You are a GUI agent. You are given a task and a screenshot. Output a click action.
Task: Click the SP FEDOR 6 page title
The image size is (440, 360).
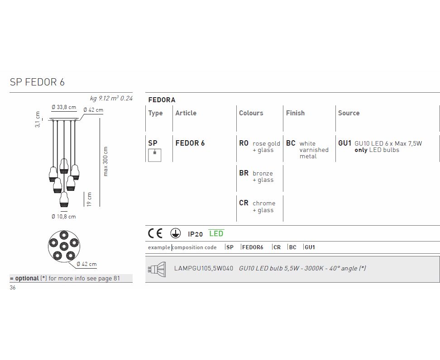pos(37,82)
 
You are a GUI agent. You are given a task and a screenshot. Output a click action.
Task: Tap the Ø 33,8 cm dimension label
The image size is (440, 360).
pos(64,107)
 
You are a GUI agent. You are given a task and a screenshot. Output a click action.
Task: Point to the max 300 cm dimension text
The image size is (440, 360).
pos(105,161)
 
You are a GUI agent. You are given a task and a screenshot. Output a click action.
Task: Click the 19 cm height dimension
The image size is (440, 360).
pos(89,199)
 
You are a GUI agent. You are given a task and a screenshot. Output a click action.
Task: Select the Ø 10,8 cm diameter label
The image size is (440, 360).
pos(64,217)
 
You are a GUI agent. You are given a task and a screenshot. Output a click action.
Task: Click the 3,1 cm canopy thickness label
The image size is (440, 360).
pos(38,120)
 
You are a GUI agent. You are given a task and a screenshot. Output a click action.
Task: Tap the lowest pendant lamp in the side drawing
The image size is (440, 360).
pos(64,199)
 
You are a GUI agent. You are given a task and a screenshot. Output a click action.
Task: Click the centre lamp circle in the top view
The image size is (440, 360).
pos(64,246)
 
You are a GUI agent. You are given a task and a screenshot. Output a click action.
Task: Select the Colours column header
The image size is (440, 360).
pos(251,113)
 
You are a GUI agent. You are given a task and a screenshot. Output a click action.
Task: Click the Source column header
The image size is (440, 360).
pos(349,113)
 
